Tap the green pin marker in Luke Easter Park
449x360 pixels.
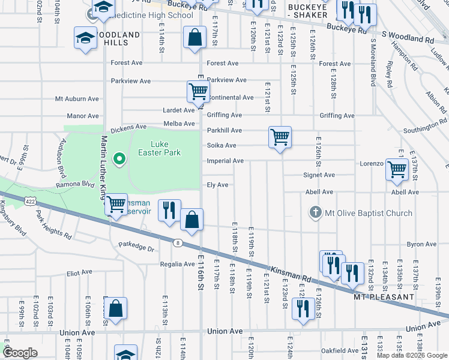(119, 159)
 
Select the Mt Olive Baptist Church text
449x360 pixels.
(369, 213)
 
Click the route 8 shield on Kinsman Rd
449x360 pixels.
(177, 242)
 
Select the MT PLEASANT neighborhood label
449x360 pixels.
(384, 297)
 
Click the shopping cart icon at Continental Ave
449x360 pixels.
(197, 91)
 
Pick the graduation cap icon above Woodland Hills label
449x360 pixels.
(85, 37)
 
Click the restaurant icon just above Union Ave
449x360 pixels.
(303, 308)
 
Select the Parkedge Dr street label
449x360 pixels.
(136, 245)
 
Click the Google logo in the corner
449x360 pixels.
(20, 353)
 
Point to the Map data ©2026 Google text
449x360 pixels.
(411, 355)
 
